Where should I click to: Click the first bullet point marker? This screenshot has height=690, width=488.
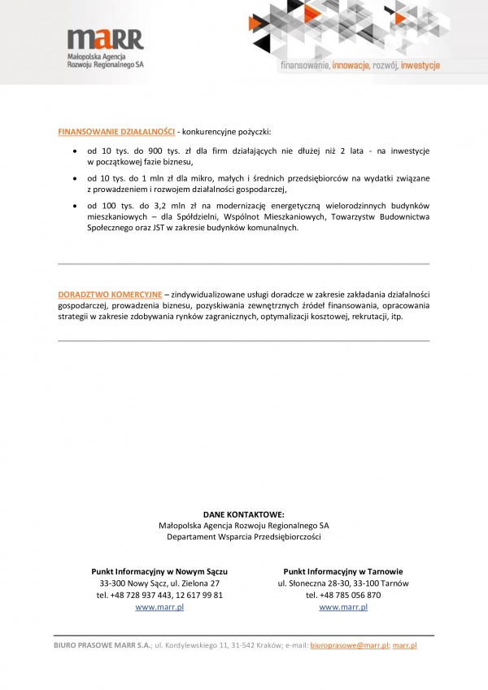click(x=75, y=152)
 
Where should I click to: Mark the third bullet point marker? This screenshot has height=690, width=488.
click(x=75, y=206)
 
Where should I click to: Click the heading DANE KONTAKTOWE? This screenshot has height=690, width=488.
click(x=244, y=514)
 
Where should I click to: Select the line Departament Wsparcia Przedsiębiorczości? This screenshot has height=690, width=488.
click(x=244, y=537)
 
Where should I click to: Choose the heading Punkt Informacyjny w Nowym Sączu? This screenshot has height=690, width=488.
click(x=159, y=571)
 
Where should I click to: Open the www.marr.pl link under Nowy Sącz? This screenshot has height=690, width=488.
click(x=159, y=607)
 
